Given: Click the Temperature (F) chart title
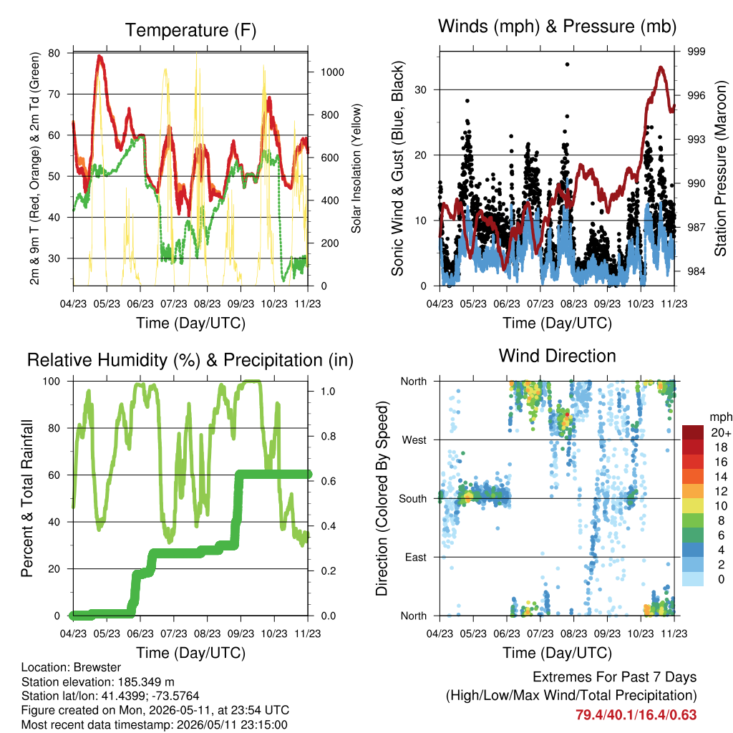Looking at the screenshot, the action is (x=190, y=30).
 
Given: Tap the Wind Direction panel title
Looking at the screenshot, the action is (x=557, y=356).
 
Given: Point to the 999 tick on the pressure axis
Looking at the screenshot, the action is (x=696, y=52).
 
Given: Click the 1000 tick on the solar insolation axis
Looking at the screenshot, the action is (x=332, y=72).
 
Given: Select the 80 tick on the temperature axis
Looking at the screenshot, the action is (x=54, y=53).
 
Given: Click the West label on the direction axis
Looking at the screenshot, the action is (x=414, y=440).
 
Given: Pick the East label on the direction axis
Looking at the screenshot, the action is (x=416, y=557).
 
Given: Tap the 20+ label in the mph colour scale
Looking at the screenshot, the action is (x=721, y=433).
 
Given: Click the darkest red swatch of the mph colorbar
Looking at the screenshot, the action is (x=693, y=432).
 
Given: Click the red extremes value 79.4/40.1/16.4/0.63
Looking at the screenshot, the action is (x=636, y=715).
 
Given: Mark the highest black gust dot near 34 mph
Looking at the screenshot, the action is (x=567, y=64).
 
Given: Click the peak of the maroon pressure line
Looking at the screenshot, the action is (x=661, y=68).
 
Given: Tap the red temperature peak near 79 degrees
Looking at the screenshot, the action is (x=99, y=57).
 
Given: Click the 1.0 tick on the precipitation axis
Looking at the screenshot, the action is (x=328, y=392).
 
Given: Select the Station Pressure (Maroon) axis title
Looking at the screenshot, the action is (x=720, y=168).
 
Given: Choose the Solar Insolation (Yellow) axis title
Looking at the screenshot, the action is (x=356, y=168).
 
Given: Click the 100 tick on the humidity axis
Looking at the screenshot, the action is (x=52, y=382).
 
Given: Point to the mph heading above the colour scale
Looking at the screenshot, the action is (x=720, y=417).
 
